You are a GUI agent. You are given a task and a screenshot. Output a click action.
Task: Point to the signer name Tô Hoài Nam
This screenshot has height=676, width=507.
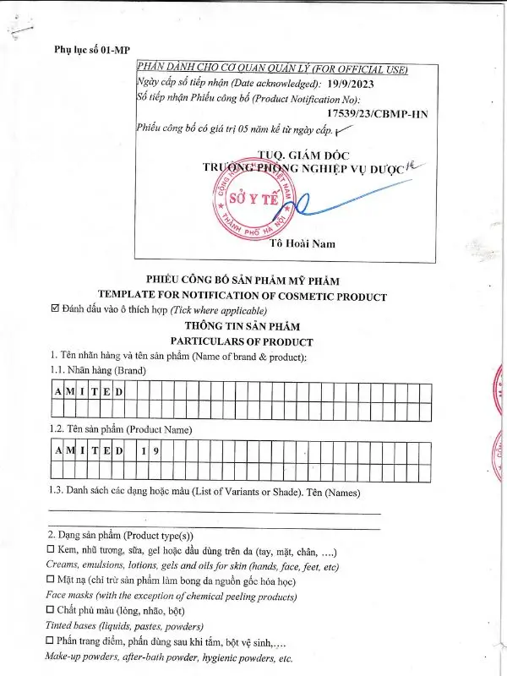(302, 244)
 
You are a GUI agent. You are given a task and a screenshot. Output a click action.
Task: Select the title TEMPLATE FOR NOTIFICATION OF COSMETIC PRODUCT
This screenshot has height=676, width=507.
(243, 296)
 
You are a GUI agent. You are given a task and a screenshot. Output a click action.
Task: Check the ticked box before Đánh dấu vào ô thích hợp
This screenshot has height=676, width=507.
(56, 310)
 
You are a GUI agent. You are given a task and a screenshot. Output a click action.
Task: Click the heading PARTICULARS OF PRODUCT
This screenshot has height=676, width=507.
(243, 341)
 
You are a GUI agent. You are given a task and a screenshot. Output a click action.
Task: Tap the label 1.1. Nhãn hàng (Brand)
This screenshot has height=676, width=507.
(97, 371)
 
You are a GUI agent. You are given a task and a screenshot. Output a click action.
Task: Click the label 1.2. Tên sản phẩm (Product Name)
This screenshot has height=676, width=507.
(120, 430)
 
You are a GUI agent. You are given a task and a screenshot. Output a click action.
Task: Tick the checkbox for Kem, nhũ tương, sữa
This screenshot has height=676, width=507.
(51, 550)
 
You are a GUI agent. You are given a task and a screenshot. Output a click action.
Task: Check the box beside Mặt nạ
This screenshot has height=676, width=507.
(51, 581)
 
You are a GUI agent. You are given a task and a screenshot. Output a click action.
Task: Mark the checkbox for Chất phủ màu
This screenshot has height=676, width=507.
(51, 610)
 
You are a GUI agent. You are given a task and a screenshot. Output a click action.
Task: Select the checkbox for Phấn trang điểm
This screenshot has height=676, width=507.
(51, 641)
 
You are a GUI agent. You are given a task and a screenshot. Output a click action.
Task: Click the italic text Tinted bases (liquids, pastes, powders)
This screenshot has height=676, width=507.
(124, 626)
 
